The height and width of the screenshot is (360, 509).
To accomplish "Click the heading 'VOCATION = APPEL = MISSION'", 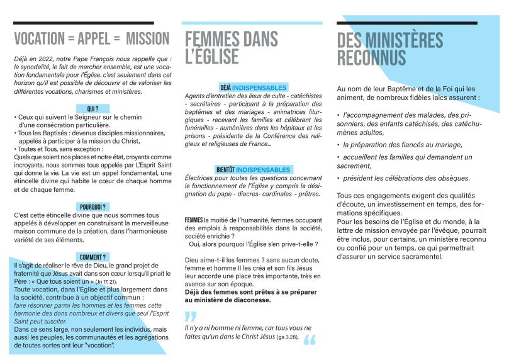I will pos(92,38).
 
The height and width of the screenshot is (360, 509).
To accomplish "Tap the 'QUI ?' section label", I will pos(92,108).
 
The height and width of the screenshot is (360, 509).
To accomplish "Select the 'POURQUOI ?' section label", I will pos(92,206).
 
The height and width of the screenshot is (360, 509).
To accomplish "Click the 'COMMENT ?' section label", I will pos(92,257).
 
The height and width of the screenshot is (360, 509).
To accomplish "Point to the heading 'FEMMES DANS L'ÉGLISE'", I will pos(232,48).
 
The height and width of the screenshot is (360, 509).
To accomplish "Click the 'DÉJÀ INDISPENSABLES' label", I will pos(253,87).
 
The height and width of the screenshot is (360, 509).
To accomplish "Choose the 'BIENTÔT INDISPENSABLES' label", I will pos(253,170).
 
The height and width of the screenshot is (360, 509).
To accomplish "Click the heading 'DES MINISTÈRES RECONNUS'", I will pos(390,48).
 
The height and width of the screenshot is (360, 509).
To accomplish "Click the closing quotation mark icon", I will pos(310,340).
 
